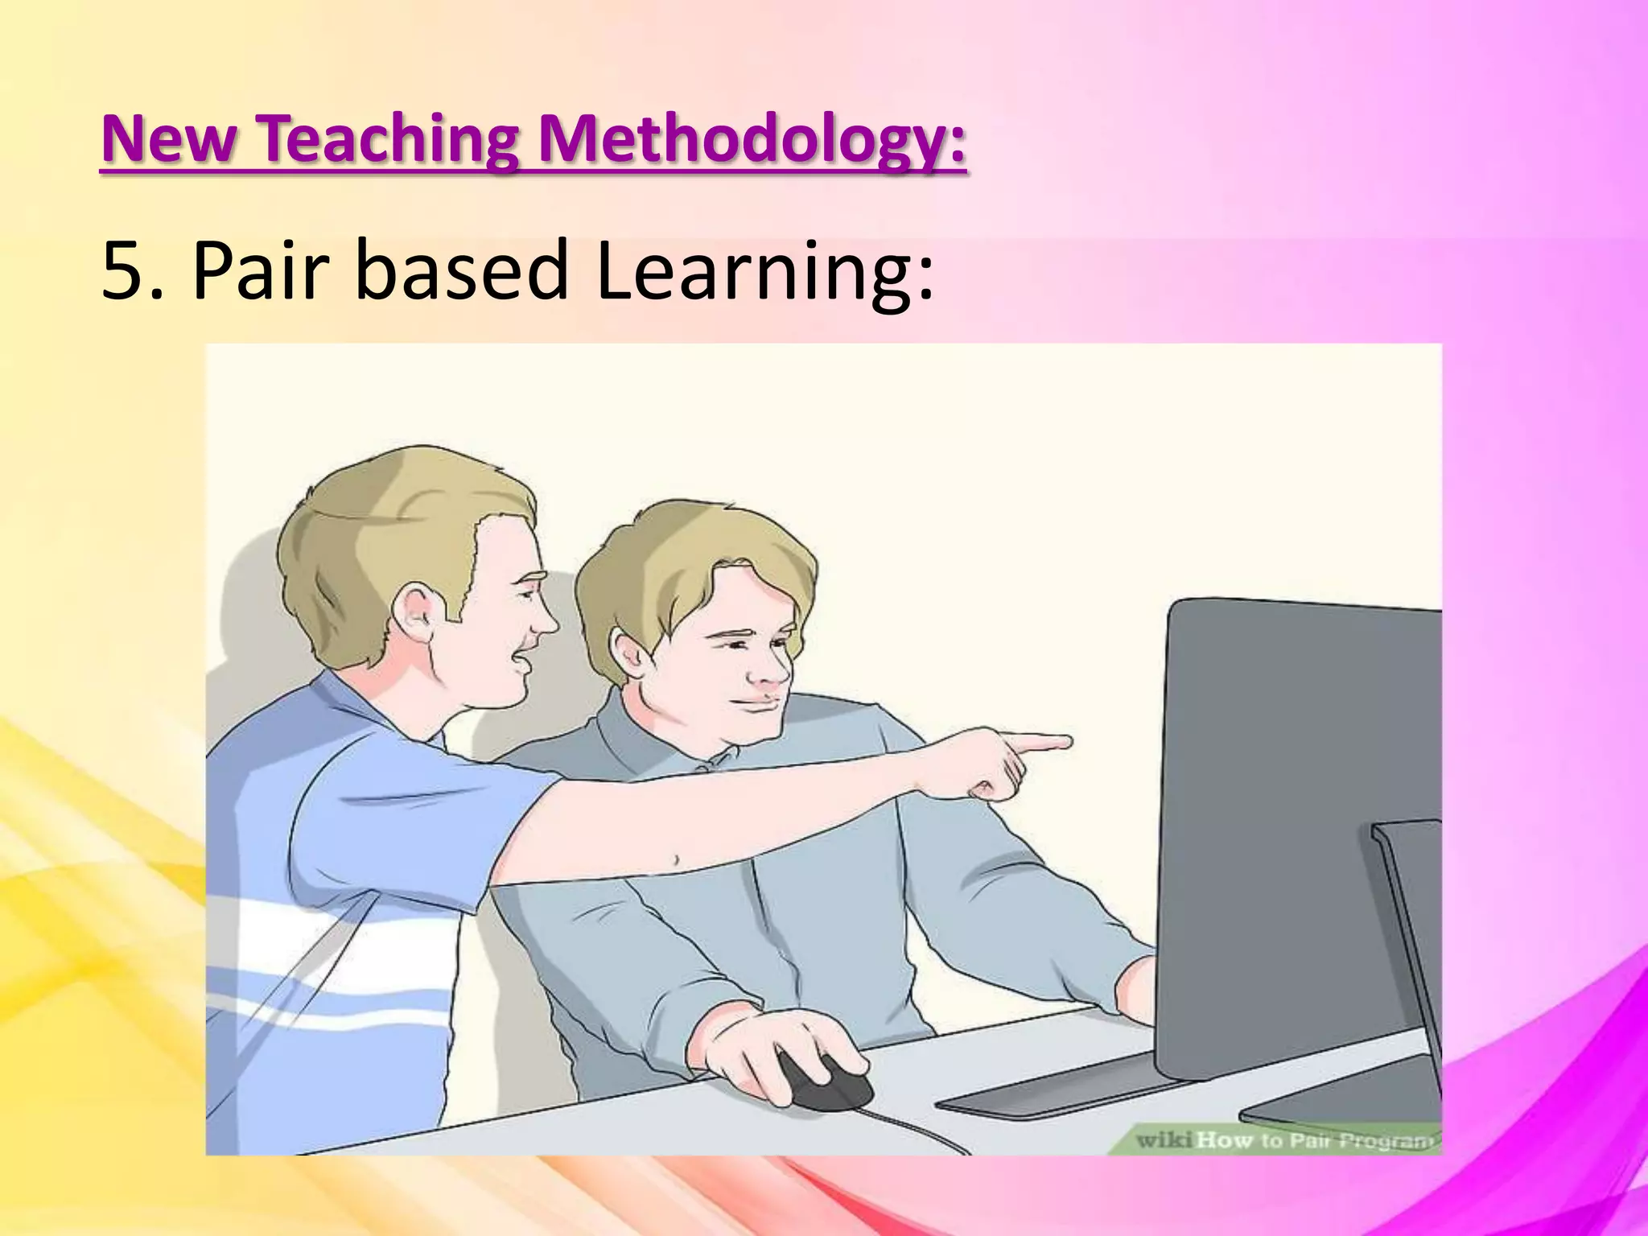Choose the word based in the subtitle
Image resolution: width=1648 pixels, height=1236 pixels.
point(462,271)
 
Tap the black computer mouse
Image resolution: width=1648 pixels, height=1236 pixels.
point(825,1082)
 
